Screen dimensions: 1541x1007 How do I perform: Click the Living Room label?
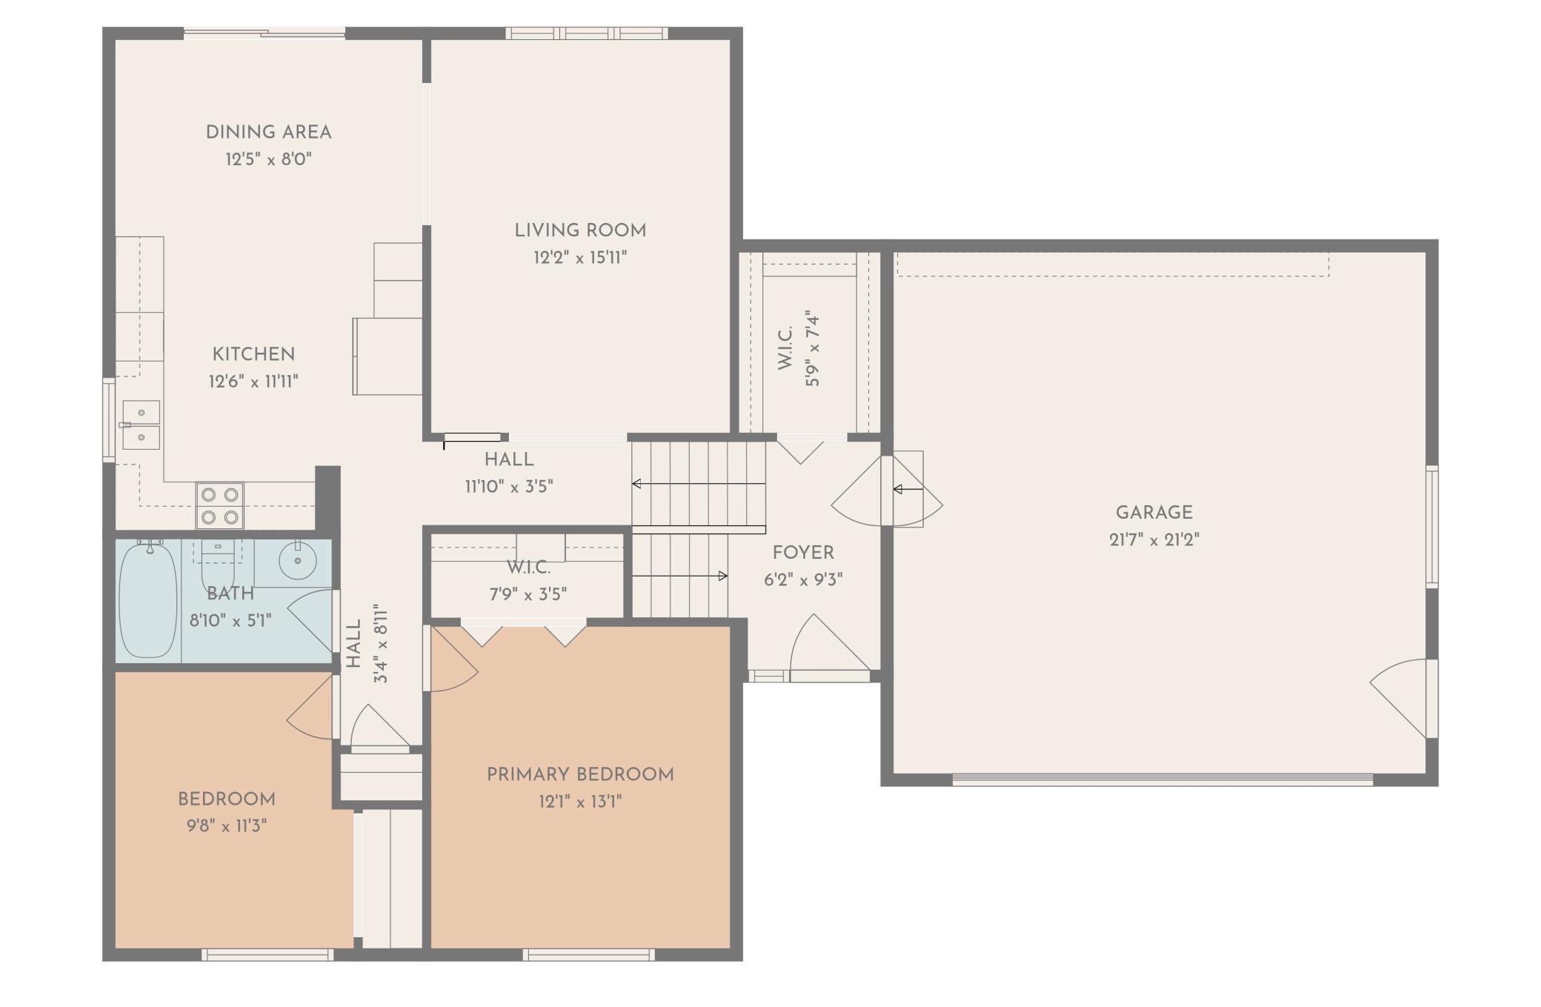pos(580,230)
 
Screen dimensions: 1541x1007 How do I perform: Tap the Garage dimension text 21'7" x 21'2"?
pos(1154,539)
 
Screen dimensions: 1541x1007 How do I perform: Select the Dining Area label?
pos(268,132)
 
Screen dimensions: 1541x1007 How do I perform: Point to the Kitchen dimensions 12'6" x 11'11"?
pos(253,382)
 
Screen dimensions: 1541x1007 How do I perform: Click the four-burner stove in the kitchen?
pos(220,505)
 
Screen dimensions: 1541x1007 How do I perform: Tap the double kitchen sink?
pos(141,425)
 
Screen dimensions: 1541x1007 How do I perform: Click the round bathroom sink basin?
pos(298,560)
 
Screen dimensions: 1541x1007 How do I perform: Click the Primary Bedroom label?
pos(580,774)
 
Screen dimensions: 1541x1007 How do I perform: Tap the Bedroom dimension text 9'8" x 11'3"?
pos(227,825)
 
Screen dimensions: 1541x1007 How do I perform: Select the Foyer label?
pos(803,553)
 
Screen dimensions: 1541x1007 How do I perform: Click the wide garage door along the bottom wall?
pos(1162,780)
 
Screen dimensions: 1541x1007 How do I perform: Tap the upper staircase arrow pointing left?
pos(698,484)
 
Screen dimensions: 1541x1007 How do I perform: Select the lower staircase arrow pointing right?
pos(679,576)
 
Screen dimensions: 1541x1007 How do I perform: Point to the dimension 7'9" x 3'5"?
pos(527,594)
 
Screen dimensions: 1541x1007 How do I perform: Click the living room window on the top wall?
pos(587,33)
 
